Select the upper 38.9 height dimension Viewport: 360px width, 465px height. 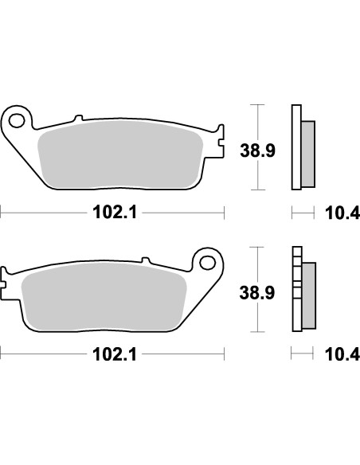258,148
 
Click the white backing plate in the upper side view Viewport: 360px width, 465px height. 297,147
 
